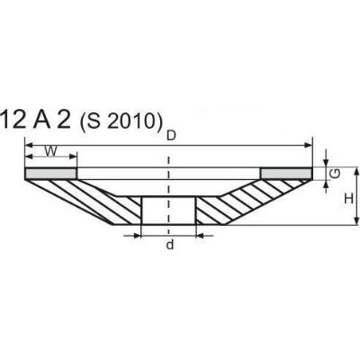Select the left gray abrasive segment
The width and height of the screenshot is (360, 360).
click(x=51, y=171)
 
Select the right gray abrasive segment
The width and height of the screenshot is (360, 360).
click(x=285, y=171)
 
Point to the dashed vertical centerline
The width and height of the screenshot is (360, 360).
click(x=168, y=180)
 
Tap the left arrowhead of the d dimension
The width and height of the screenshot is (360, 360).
click(x=139, y=235)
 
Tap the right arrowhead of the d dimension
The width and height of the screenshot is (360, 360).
click(x=197, y=235)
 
